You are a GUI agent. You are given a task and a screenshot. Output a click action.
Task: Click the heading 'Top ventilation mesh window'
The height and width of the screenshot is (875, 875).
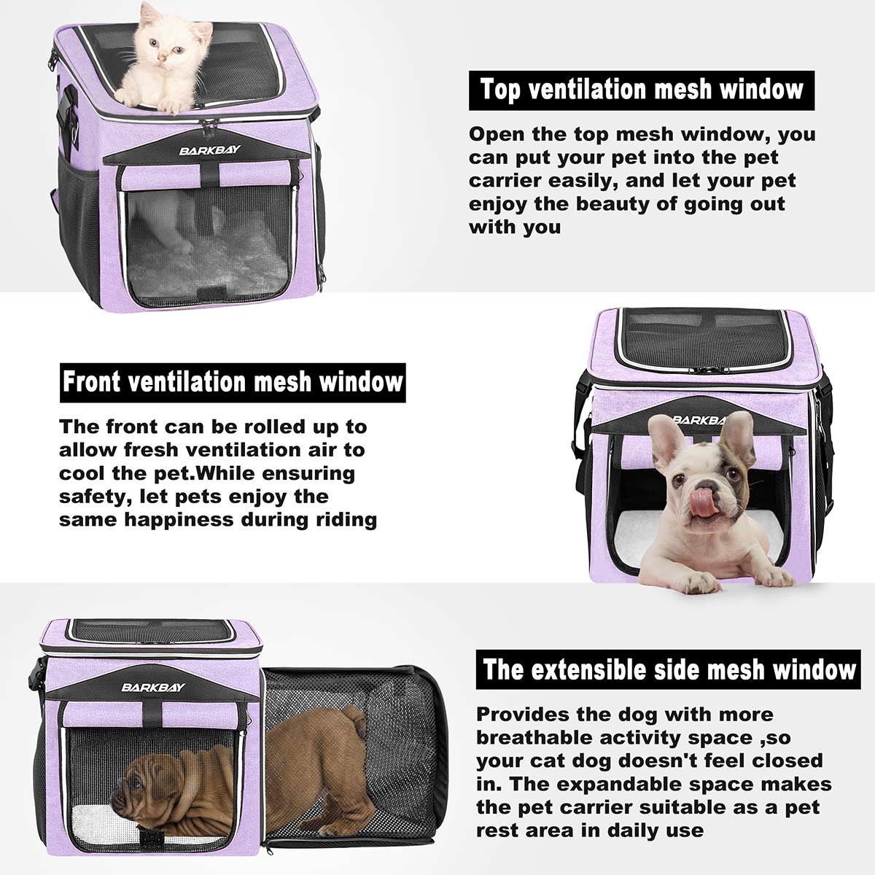[x=642, y=90]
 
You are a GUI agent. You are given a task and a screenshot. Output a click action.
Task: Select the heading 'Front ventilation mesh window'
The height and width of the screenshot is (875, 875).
[x=232, y=382]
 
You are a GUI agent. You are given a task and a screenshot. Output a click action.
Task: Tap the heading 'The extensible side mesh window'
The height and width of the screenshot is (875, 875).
[x=669, y=669]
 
